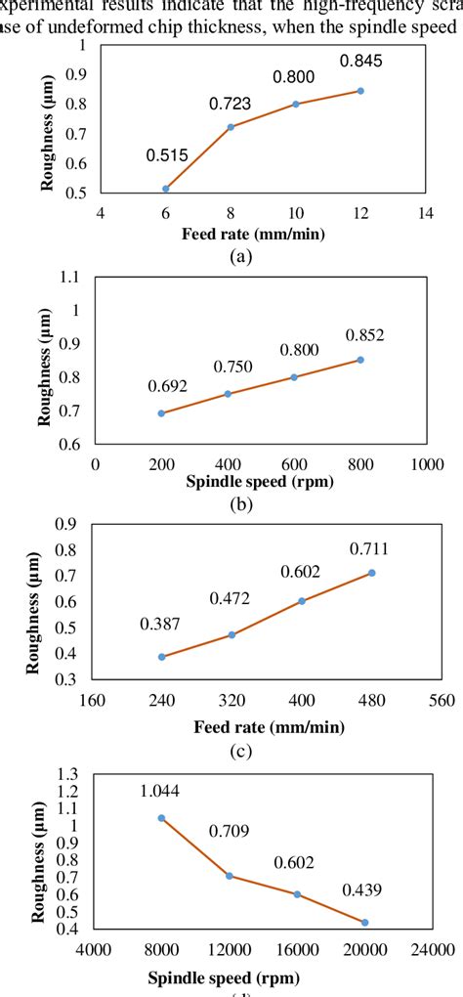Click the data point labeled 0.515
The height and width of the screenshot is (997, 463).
pyautogui.click(x=166, y=189)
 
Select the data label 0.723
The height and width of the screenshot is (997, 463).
pyautogui.click(x=231, y=102)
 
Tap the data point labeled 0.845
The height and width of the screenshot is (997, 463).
pyautogui.click(x=360, y=91)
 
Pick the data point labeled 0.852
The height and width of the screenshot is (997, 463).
pyautogui.click(x=360, y=360)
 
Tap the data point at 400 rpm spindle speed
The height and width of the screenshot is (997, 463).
pyautogui.click(x=228, y=394)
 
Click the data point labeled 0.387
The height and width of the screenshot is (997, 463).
pyautogui.click(x=162, y=657)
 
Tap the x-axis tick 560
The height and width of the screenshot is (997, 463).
pyautogui.click(x=442, y=701)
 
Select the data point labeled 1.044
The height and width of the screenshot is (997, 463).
pyautogui.click(x=161, y=818)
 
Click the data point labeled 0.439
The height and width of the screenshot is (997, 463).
pyautogui.click(x=365, y=923)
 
